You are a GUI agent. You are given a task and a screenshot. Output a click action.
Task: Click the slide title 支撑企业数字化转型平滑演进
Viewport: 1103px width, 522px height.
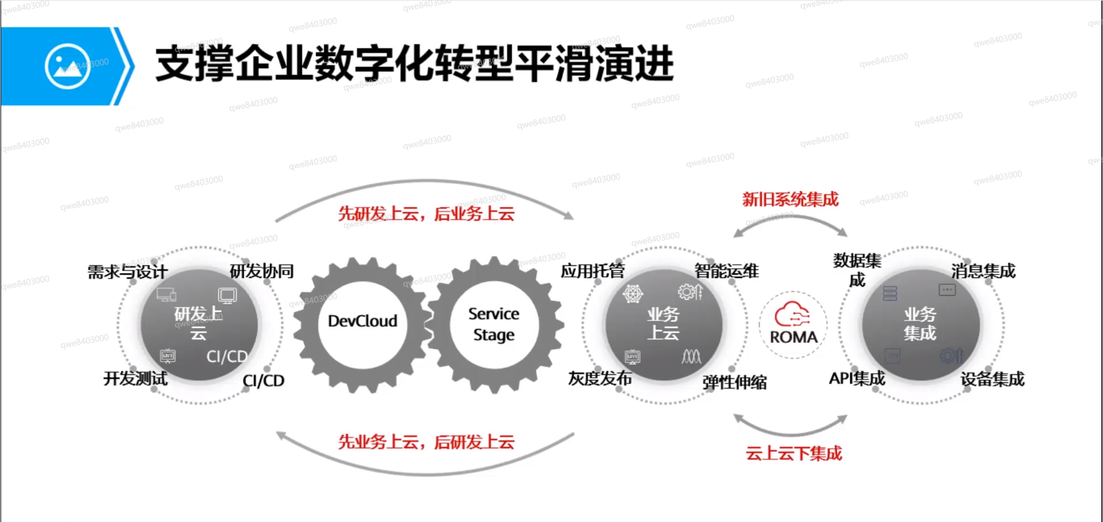click(x=414, y=63)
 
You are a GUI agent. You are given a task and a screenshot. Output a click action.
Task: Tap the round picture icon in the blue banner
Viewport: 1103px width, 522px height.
click(x=67, y=66)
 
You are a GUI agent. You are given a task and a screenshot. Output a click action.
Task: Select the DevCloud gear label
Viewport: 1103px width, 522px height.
click(x=362, y=321)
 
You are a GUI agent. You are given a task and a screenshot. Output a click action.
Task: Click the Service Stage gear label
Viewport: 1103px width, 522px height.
click(x=493, y=324)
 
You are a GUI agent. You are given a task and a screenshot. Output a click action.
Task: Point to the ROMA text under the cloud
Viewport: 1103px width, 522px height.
click(x=793, y=337)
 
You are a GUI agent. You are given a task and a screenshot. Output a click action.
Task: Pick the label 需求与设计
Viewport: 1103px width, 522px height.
click(x=128, y=272)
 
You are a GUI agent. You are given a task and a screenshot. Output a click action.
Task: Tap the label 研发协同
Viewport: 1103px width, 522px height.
click(x=261, y=271)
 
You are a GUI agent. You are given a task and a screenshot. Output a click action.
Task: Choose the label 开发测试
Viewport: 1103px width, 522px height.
click(x=136, y=378)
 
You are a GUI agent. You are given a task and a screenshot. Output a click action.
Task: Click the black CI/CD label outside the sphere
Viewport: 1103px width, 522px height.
click(x=263, y=381)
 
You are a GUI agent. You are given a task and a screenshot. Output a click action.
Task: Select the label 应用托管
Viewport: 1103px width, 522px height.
click(x=592, y=271)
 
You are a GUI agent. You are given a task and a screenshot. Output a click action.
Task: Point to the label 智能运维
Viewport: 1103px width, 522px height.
click(x=727, y=271)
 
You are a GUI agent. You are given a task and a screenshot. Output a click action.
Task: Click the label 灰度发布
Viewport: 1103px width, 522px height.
click(x=600, y=378)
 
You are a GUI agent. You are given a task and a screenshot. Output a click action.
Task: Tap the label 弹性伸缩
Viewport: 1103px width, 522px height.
click(x=734, y=382)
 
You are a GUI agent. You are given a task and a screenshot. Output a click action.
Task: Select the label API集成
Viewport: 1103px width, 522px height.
click(x=857, y=378)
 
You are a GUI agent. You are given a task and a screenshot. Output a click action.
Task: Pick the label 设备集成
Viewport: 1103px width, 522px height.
click(x=992, y=379)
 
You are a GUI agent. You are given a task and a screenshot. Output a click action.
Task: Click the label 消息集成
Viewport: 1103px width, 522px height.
click(x=983, y=271)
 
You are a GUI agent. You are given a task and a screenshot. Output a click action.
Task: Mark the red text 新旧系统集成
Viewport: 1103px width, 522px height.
click(x=790, y=199)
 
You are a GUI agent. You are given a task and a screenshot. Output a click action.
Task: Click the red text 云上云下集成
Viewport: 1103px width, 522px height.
click(x=793, y=453)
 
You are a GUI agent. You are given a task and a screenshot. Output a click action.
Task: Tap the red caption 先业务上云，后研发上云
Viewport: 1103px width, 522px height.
click(x=426, y=442)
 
